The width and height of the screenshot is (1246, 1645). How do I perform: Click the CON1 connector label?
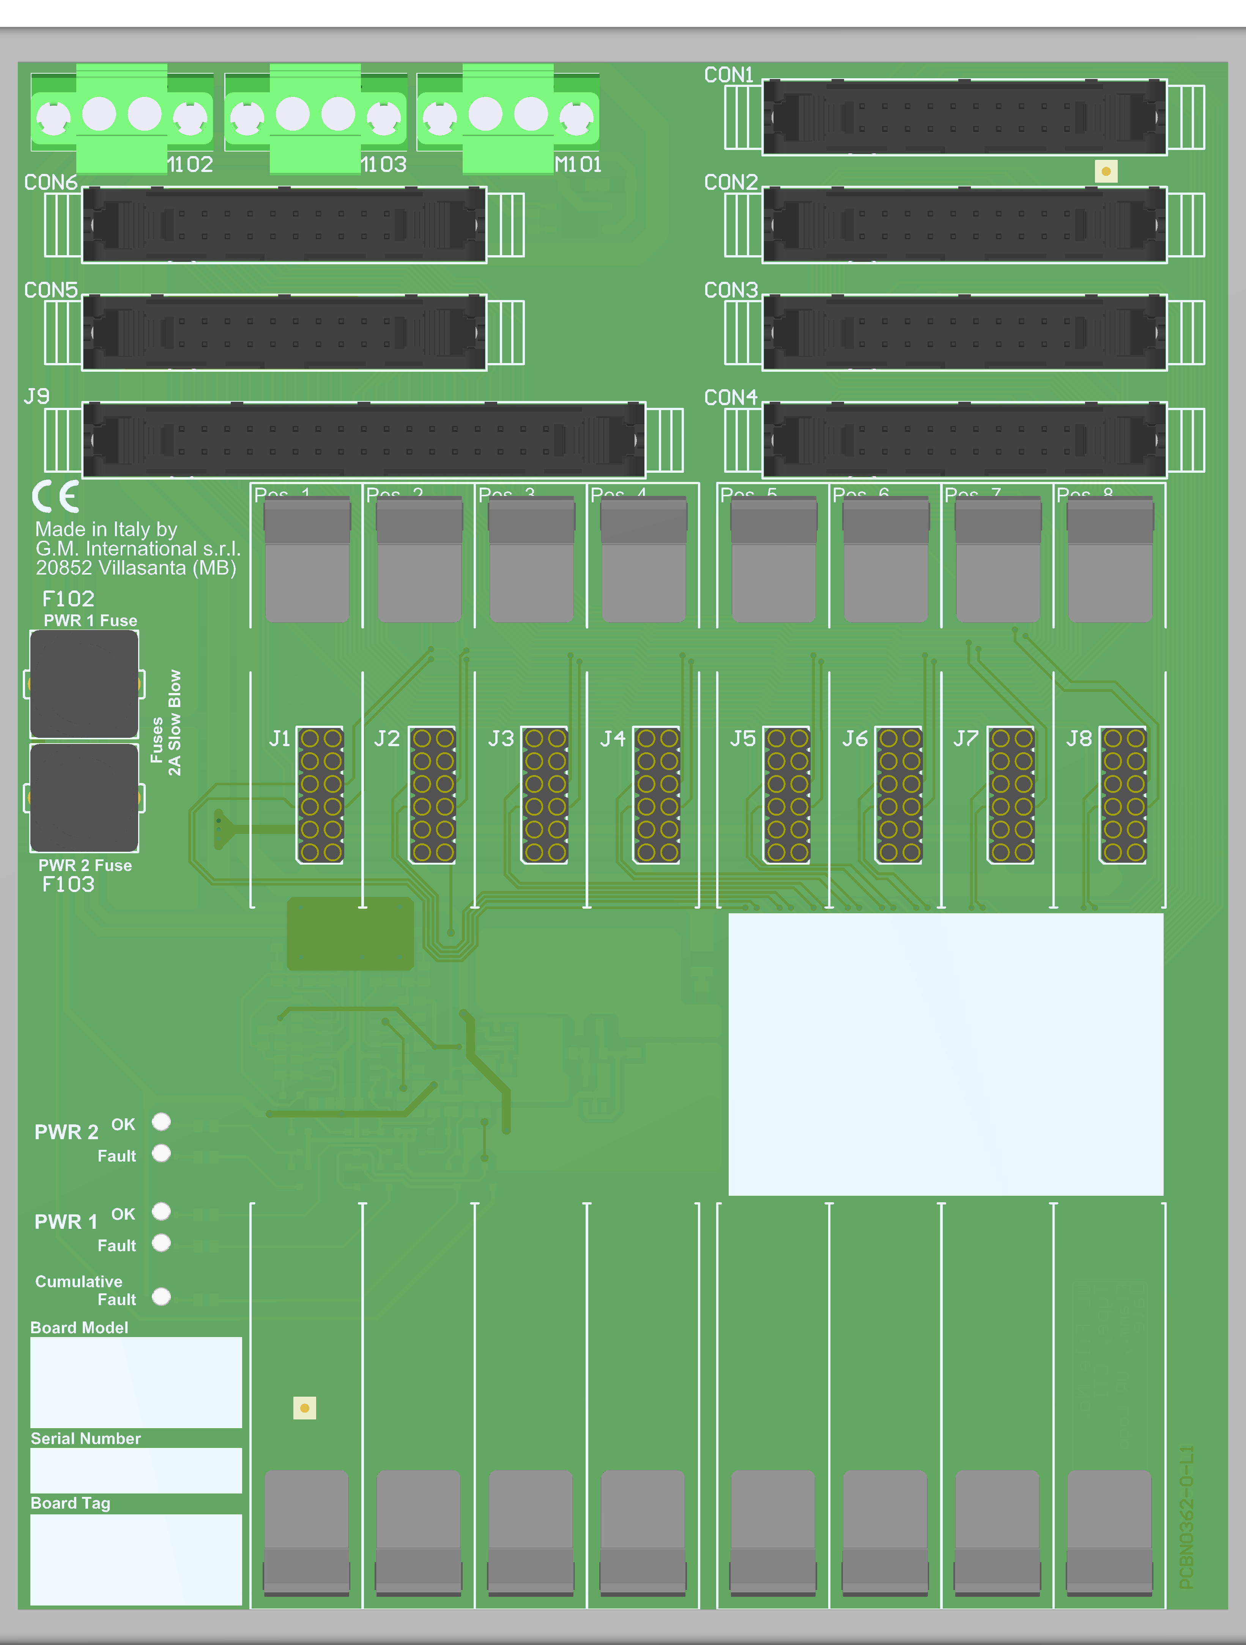tap(729, 75)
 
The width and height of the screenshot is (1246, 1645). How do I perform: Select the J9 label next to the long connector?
tap(36, 396)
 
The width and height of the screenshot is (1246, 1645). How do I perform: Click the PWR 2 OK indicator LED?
tap(161, 1121)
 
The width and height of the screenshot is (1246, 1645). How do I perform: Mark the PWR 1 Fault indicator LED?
tap(161, 1243)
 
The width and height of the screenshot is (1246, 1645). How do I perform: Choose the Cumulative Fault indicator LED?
tap(161, 1297)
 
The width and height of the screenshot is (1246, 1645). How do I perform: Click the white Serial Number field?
tap(136, 1470)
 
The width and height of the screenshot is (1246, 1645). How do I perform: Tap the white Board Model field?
tap(136, 1382)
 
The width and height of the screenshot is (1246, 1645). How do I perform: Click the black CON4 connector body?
tap(964, 439)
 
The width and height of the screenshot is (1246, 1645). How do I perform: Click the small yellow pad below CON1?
tap(1106, 172)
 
